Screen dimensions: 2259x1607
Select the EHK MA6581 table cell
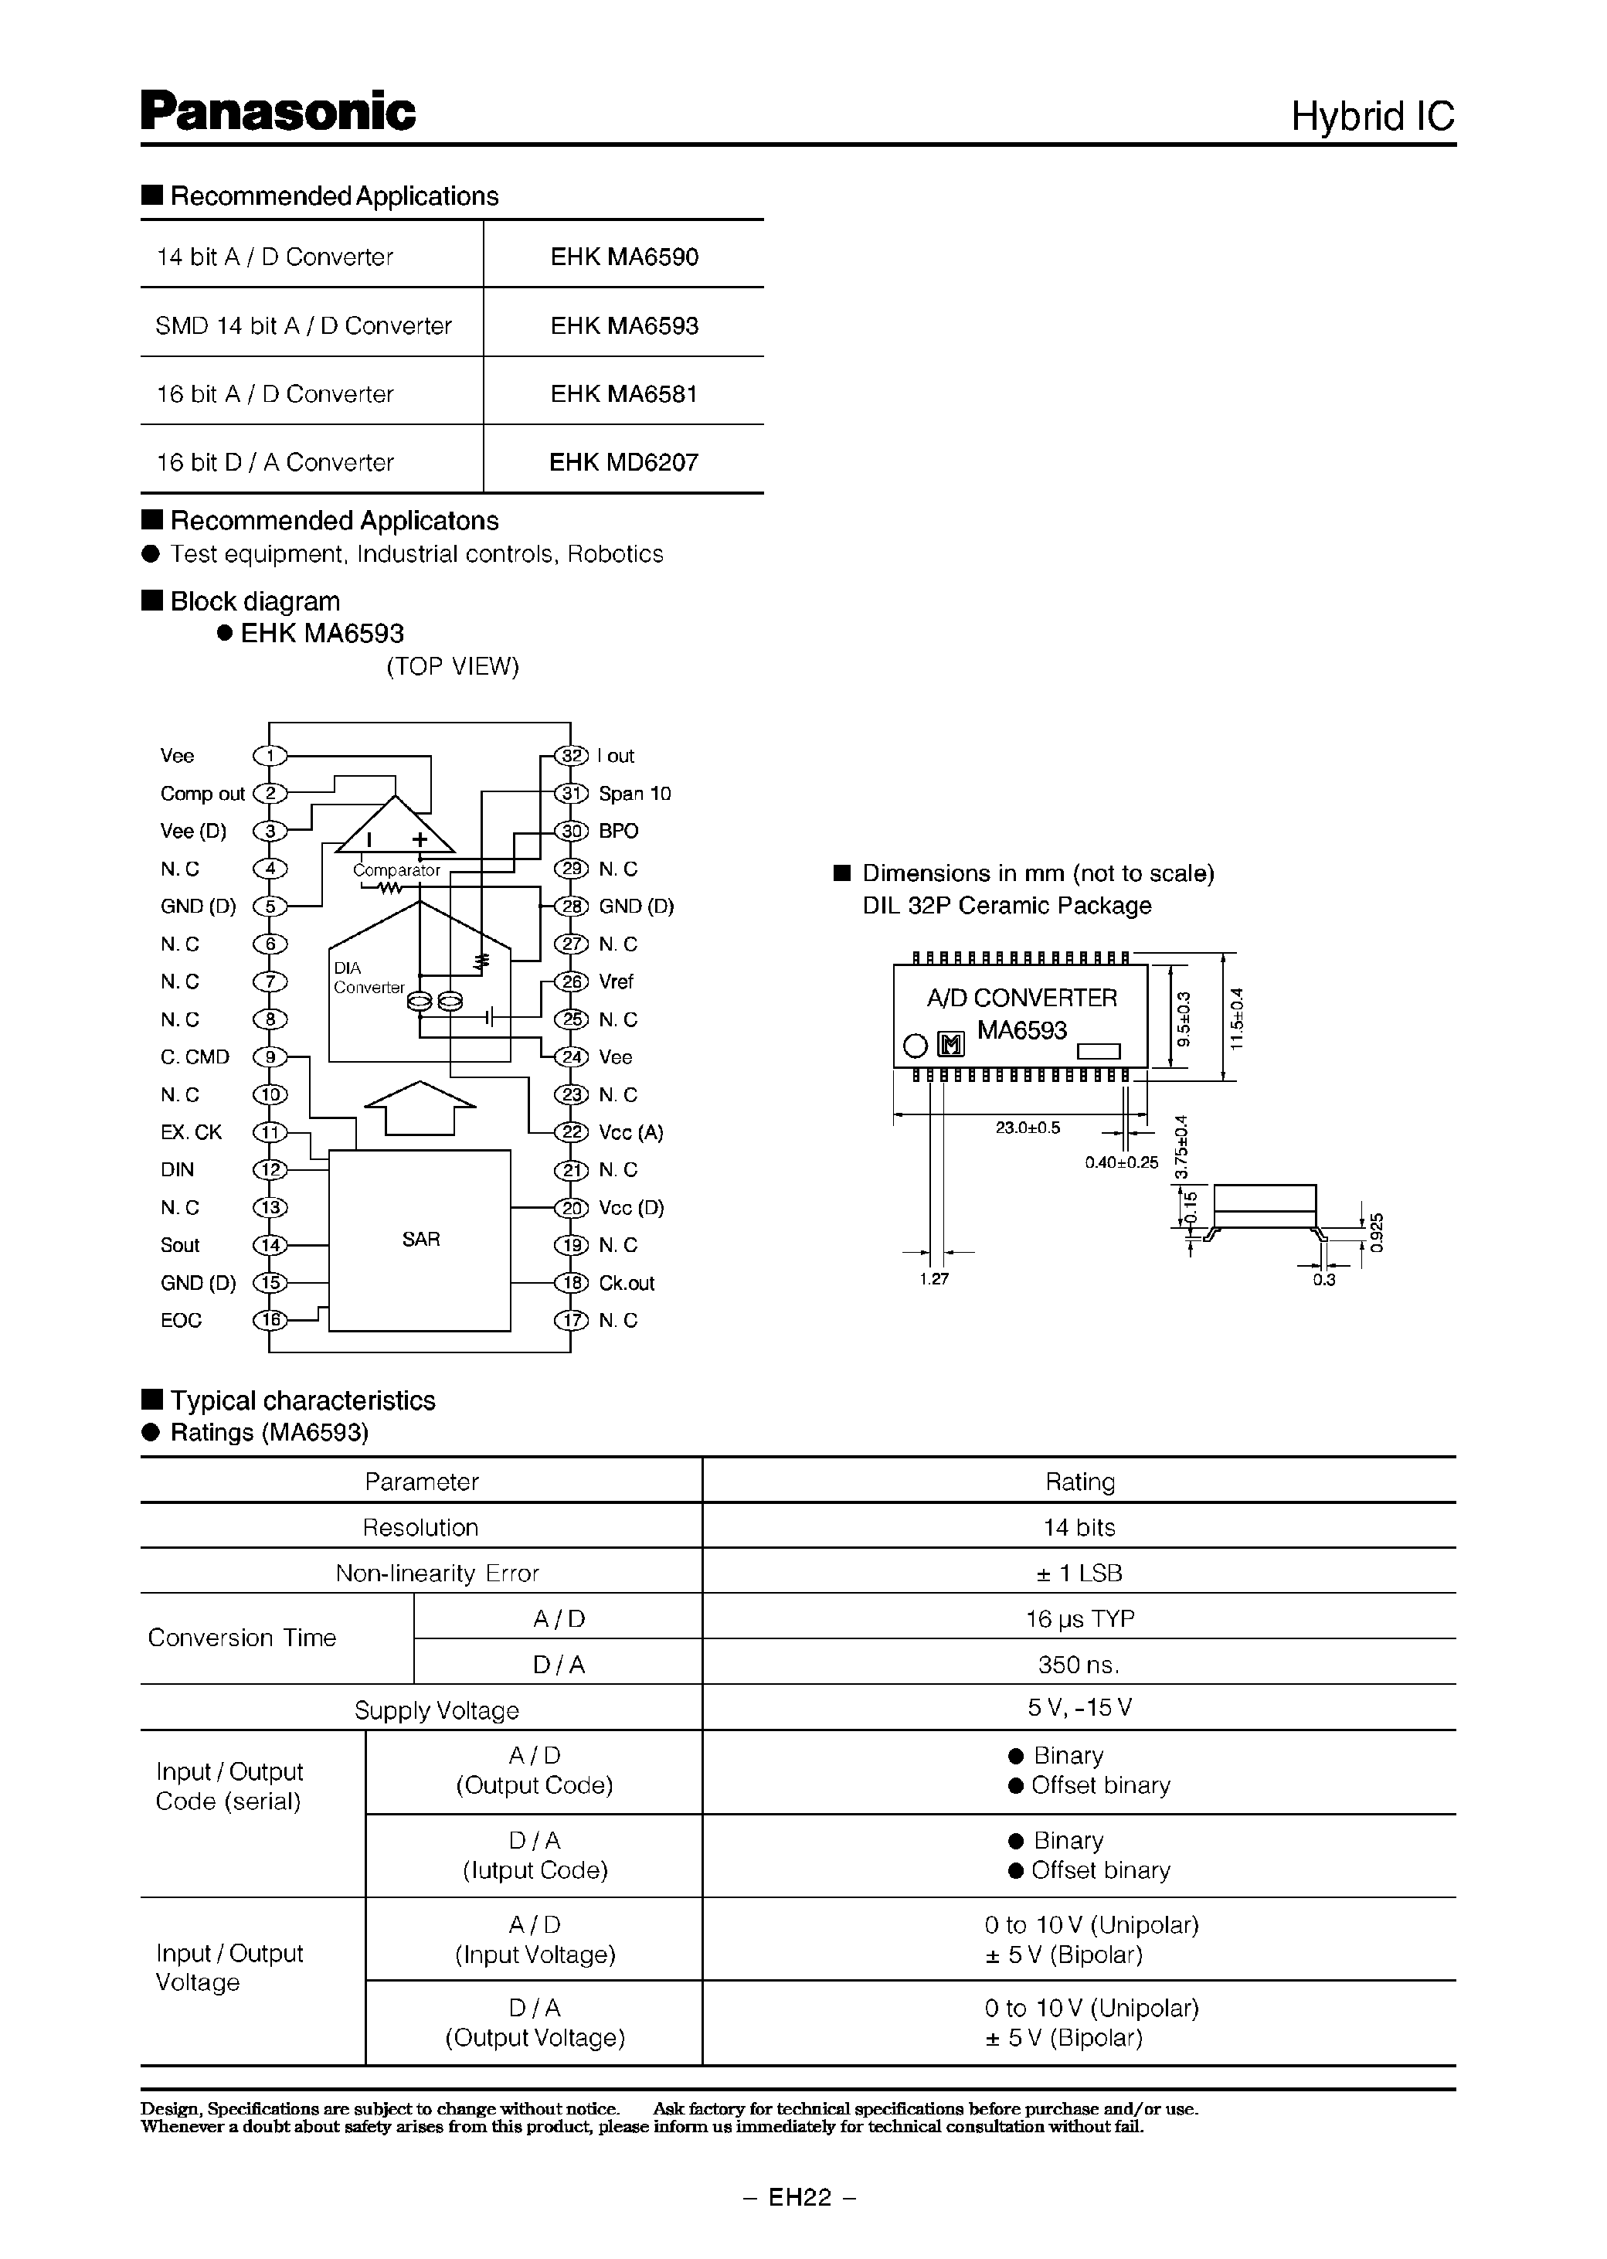[623, 394]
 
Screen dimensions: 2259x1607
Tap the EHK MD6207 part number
[623, 462]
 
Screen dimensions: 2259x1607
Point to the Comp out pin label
[202, 794]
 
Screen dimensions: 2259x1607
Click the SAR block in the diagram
[420, 1240]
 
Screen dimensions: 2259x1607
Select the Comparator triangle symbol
[395, 828]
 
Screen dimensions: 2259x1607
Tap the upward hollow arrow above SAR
[420, 1107]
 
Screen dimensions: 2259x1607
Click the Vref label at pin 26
[616, 982]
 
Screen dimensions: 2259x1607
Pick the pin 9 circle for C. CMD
[270, 1057]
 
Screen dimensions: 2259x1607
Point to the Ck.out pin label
[627, 1283]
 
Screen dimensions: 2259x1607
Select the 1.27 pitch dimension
[933, 1279]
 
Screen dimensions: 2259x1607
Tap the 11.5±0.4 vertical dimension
[1236, 1019]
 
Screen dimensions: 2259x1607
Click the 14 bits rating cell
[1079, 1527]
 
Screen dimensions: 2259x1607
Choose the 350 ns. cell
[1079, 1665]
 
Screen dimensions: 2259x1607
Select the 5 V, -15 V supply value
[1079, 1708]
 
